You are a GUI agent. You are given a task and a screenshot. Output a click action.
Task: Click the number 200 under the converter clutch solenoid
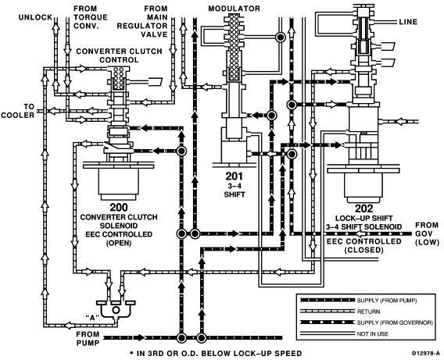(x=119, y=208)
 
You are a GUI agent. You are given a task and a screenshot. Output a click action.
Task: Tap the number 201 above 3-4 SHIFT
(x=235, y=176)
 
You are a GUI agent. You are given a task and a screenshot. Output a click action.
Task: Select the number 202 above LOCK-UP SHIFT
(x=363, y=209)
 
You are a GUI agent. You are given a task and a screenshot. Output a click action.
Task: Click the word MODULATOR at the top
(x=235, y=9)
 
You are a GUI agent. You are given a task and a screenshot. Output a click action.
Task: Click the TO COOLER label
(x=17, y=111)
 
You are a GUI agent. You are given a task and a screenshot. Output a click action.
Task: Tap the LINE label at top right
(x=408, y=22)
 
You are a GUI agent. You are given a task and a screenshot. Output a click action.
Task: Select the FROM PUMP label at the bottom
(x=88, y=338)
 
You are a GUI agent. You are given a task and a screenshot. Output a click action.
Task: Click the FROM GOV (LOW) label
(x=427, y=233)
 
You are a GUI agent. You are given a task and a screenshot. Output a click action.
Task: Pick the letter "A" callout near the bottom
(x=92, y=318)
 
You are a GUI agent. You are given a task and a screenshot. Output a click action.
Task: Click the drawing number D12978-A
(x=426, y=354)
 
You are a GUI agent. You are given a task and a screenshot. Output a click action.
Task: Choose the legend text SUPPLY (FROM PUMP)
(x=387, y=301)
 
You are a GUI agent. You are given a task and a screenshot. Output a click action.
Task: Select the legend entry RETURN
(x=368, y=312)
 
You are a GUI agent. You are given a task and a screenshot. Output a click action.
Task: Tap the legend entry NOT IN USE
(x=373, y=334)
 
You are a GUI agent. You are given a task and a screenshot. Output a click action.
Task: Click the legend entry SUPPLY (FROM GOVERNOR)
(x=395, y=323)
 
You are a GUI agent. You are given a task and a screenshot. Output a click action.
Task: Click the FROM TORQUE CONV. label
(x=91, y=17)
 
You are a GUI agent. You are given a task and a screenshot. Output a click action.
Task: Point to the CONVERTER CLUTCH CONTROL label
(x=120, y=55)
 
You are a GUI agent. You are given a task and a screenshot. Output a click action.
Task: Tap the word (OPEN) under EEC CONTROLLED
(x=119, y=243)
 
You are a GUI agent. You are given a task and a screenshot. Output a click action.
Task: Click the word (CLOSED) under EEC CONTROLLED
(x=363, y=250)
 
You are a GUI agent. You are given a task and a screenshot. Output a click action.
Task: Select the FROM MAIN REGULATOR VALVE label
(x=142, y=22)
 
